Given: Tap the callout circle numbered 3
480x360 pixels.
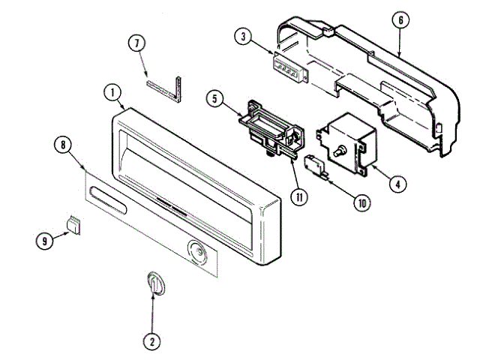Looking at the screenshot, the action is (243, 35).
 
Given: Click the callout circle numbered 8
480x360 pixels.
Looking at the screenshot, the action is (61, 145).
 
